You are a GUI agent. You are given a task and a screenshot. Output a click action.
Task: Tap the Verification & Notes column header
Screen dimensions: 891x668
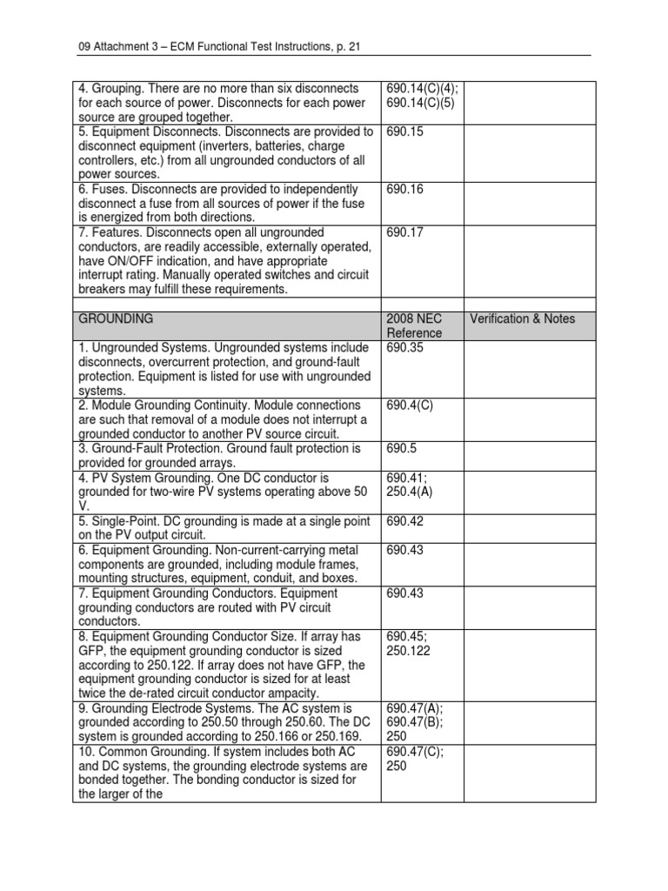pyautogui.click(x=522, y=319)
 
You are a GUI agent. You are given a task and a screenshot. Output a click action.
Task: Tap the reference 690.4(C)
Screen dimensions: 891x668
pyautogui.click(x=407, y=405)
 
